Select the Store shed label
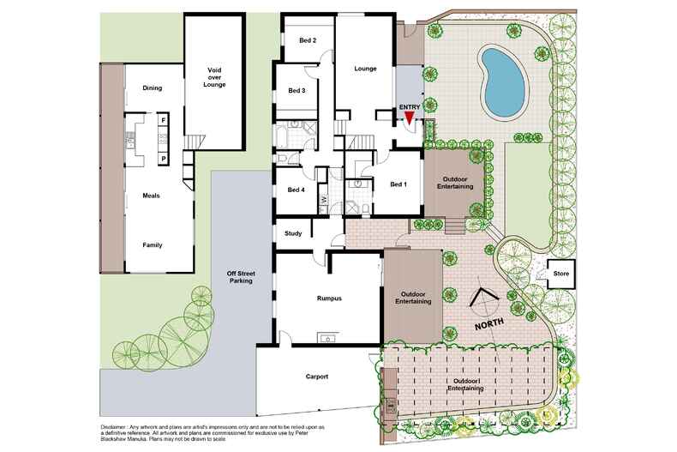click(x=562, y=274)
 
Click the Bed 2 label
click(x=297, y=40)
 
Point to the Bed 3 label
click(x=297, y=91)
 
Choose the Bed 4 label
click(x=297, y=190)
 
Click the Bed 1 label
click(x=398, y=184)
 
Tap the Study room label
click(x=293, y=232)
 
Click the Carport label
click(x=317, y=377)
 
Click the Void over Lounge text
click(x=214, y=78)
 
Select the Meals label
click(x=151, y=196)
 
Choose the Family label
click(x=152, y=245)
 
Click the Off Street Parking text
click(x=239, y=277)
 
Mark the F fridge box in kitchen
click(x=163, y=121)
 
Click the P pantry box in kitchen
click(x=163, y=158)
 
